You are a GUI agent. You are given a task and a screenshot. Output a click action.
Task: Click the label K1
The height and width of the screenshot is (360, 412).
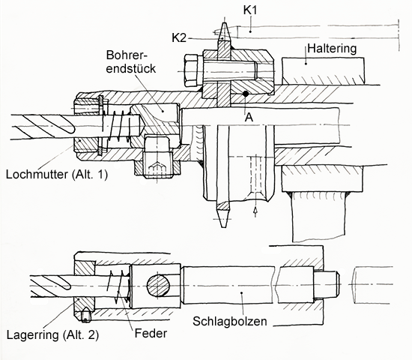(x=250, y=10)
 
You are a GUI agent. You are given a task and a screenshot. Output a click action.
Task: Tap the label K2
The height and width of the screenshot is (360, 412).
(x=179, y=38)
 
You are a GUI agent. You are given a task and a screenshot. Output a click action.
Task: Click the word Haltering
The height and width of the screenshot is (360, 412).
(x=332, y=49)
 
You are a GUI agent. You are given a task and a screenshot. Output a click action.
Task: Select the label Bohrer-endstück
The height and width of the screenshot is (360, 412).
(x=131, y=61)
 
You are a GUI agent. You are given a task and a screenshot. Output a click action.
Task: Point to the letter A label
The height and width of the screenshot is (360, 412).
(x=249, y=117)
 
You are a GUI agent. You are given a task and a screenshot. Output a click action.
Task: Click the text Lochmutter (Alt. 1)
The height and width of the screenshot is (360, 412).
(x=57, y=175)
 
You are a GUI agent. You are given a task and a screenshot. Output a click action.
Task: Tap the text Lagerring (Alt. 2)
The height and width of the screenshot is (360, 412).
(x=52, y=335)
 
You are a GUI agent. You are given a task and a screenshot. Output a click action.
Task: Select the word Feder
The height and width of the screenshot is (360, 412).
(x=151, y=334)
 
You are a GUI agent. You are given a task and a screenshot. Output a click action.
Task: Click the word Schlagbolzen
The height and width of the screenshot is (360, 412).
(x=230, y=321)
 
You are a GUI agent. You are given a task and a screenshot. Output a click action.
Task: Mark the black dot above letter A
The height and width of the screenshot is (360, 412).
(x=246, y=94)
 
